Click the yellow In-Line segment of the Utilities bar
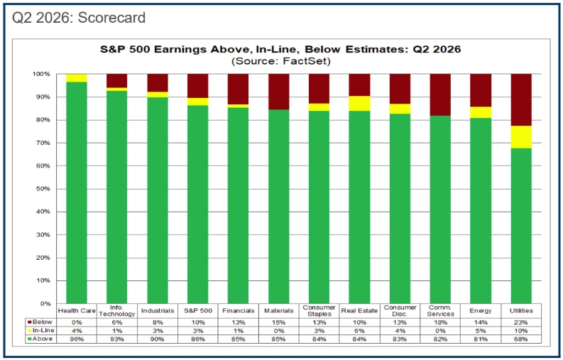[521, 137]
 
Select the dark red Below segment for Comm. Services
[440, 95]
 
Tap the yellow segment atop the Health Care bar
[77, 78]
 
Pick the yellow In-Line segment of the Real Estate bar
[359, 104]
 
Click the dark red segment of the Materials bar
[278, 92]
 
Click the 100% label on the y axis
[41, 74]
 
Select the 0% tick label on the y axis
[45, 304]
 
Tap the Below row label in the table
[40, 322]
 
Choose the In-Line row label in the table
[40, 330]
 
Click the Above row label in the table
[40, 339]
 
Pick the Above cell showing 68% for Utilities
[520, 339]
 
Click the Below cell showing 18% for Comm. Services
[440, 322]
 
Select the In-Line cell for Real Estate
[359, 331]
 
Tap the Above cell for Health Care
[77, 339]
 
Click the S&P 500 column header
[198, 311]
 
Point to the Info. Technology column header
[117, 311]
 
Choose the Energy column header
[481, 311]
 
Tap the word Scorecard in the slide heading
[111, 18]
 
